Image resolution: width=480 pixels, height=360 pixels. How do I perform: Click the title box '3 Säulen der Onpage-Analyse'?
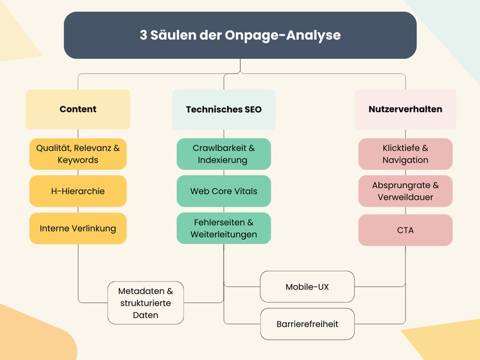240,35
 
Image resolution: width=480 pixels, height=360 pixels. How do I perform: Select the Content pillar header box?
78,109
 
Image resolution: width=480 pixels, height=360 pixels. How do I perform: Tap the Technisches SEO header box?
224,109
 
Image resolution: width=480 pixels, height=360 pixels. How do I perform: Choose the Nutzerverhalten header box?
405,109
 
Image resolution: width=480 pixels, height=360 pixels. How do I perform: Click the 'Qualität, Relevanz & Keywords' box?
78,154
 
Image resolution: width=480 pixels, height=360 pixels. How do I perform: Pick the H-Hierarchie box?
78,191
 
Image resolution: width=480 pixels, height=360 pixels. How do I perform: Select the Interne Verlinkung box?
78,228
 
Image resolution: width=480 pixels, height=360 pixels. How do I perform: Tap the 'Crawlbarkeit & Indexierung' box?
224,154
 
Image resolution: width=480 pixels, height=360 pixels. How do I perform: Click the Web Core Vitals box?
224,191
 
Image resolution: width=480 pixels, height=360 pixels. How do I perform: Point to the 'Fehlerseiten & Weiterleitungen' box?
224,228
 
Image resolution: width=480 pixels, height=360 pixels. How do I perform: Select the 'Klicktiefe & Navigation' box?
405,154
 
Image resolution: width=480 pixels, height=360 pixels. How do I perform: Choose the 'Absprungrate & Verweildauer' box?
405,191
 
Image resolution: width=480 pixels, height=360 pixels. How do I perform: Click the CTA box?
405,230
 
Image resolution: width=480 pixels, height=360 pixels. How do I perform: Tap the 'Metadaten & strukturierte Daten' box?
146,303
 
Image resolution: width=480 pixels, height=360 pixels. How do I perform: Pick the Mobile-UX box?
307,287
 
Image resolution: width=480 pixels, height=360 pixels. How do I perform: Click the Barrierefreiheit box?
307,324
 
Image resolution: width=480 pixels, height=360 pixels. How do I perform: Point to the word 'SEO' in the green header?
251,109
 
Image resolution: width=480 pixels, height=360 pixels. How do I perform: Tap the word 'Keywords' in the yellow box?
78,160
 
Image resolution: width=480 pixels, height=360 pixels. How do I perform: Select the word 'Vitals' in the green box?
245,191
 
